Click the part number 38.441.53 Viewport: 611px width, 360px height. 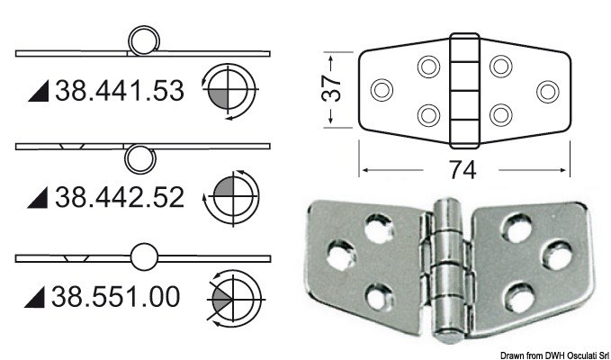(119, 91)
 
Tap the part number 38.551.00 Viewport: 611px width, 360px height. (117, 295)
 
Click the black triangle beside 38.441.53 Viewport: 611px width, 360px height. (39, 92)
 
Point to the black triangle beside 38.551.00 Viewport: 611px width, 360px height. (39, 296)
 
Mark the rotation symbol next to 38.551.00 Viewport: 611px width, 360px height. (234, 297)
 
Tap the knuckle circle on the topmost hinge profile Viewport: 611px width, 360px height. (142, 41)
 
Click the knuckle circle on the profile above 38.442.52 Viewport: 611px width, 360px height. (138, 158)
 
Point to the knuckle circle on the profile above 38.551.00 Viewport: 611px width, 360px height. (142, 258)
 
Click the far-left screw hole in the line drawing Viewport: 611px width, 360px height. (382, 90)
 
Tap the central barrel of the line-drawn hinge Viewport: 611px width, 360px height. (463, 90)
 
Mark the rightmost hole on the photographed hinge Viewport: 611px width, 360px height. (558, 255)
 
